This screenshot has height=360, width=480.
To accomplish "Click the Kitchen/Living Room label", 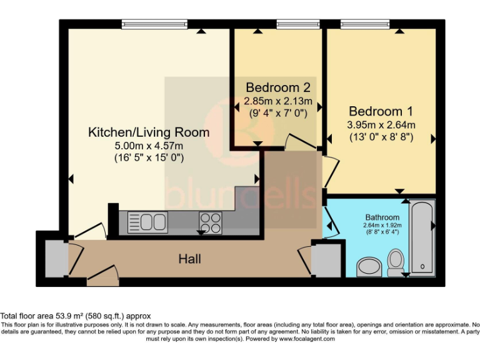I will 148,132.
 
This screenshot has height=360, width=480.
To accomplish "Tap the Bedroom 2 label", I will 277,87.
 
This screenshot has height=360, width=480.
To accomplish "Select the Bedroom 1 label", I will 381,111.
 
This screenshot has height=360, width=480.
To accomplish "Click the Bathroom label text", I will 382,217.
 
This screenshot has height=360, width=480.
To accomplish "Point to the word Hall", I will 190,258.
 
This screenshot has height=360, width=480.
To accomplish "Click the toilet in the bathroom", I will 396,262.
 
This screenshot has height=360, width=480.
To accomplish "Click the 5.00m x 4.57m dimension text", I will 148,146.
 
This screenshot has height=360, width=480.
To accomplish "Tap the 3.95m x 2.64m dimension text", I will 381,124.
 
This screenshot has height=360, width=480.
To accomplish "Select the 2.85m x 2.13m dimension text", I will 277,100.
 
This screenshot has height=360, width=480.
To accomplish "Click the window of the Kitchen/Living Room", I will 155,25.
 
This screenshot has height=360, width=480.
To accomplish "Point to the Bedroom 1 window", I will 364,25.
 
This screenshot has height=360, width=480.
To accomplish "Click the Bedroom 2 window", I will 289,25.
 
